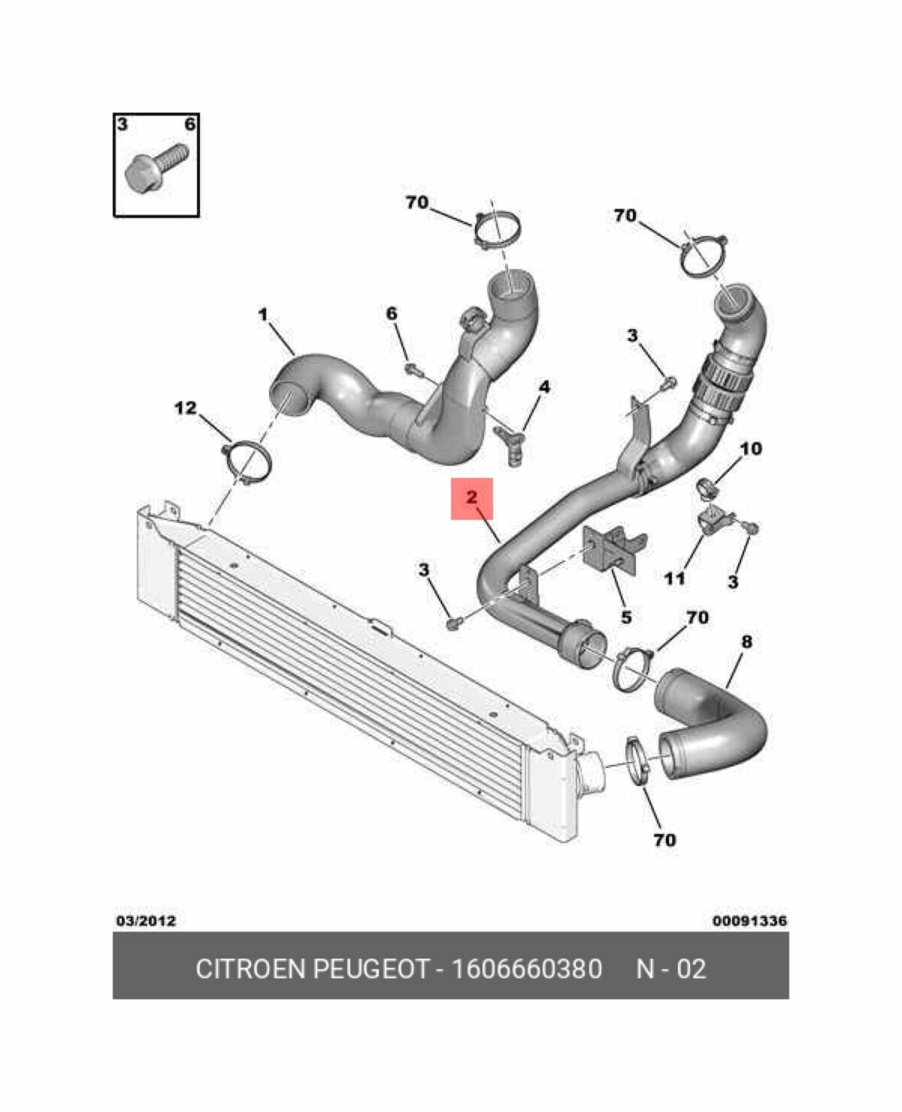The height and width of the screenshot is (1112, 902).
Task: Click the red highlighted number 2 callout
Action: pos(471,497)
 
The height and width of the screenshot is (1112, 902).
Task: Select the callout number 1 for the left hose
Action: pos(263,315)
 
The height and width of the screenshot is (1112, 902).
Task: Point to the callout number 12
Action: pos(185,408)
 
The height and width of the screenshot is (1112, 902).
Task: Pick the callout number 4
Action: pos(543,387)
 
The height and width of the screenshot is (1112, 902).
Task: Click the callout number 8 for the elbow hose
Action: pos(746,642)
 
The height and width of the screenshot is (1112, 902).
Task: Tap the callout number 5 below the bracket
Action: pos(625,617)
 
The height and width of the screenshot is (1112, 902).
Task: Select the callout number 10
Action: pos(750,449)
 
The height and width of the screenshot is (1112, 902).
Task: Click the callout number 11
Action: pos(674,578)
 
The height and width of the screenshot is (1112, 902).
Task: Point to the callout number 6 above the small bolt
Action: pos(392,313)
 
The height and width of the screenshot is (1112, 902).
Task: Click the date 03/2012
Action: pos(145,920)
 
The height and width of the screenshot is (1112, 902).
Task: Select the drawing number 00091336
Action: pos(749,920)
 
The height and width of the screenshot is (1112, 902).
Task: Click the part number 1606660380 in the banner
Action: pos(526,969)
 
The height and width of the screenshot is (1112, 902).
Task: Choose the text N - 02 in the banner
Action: pos(670,969)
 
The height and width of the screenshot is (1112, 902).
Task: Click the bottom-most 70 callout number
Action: pos(664,839)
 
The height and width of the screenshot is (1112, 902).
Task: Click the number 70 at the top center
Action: pos(416,202)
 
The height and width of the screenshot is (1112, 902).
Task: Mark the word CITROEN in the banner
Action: pos(251,969)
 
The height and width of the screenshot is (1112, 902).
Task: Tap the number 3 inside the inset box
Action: pos(123,125)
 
